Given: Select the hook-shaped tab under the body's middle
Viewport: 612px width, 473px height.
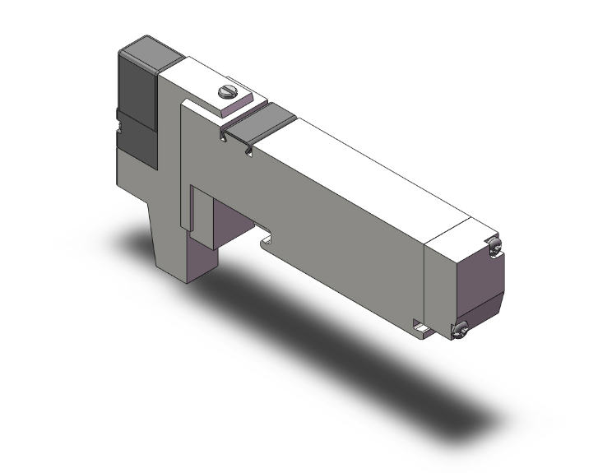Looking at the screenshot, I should tap(267, 242).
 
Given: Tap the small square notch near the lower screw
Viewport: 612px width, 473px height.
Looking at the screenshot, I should tap(423, 331).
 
